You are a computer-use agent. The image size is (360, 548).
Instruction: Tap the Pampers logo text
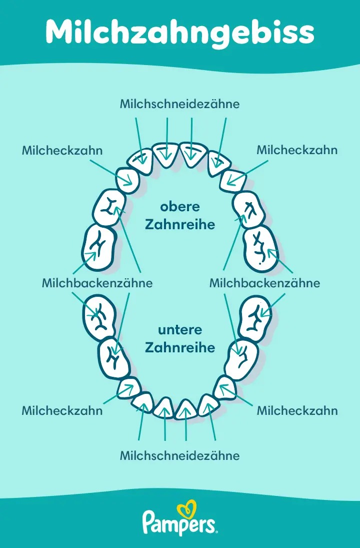tap(180, 523)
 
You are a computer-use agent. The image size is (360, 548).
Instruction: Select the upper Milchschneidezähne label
tap(180, 104)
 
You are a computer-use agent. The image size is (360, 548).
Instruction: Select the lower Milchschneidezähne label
tap(180, 456)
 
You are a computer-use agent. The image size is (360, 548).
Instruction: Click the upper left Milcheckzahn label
tap(62, 150)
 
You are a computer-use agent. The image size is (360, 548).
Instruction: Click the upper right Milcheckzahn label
tap(297, 150)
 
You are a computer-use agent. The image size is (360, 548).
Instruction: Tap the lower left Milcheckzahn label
tap(62, 411)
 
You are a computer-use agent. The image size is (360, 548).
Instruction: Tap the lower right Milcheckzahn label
tap(297, 411)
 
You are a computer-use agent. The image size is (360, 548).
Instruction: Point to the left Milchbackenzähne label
tap(97, 283)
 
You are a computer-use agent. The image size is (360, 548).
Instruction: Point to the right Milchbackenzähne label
tap(264, 283)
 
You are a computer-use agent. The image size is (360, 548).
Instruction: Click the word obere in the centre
tap(180, 207)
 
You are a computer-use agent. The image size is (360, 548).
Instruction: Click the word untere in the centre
tap(180, 330)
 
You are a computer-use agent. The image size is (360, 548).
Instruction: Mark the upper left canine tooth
tap(128, 179)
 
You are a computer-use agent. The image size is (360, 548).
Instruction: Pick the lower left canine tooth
tap(129, 388)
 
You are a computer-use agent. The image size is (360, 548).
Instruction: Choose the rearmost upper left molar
tap(99, 247)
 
